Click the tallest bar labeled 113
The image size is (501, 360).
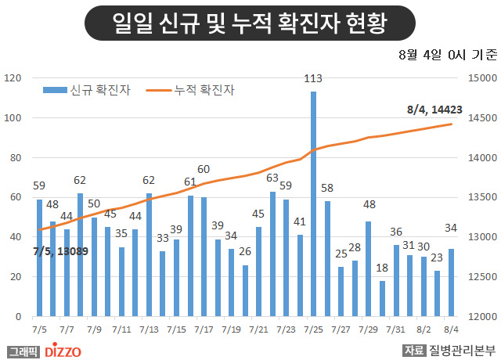click(313, 203)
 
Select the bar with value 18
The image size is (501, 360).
click(382, 298)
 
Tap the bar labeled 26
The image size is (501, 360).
click(245, 290)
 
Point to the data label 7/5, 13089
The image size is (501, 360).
click(62, 252)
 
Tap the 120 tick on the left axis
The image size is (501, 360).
click(16, 78)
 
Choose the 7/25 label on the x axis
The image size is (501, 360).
click(313, 330)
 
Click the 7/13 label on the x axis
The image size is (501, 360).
click(149, 330)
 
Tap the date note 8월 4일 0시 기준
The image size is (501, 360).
click(447, 55)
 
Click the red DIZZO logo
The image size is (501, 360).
click(61, 351)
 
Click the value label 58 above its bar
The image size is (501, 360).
click(327, 188)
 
